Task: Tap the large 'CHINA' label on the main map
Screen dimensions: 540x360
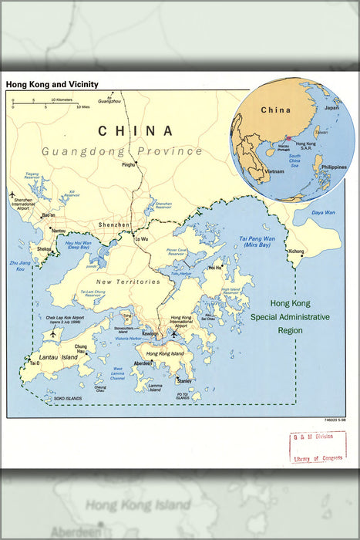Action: pyautogui.click(x=135, y=131)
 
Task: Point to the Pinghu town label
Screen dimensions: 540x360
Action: pyautogui.click(x=128, y=164)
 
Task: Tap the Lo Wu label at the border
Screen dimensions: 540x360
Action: pyautogui.click(x=141, y=240)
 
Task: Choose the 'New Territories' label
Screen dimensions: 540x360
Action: pyautogui.click(x=129, y=282)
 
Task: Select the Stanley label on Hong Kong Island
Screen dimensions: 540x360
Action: pyautogui.click(x=183, y=381)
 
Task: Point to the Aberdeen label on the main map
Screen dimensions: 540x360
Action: pyautogui.click(x=143, y=363)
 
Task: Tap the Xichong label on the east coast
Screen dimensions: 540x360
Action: pyautogui.click(x=296, y=251)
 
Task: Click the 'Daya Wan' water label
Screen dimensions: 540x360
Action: pyautogui.click(x=322, y=212)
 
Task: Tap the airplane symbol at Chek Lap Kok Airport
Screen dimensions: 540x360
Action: pyautogui.click(x=52, y=335)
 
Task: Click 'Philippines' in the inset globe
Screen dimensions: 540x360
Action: pyautogui.click(x=334, y=167)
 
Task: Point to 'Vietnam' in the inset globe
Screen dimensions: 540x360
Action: pyautogui.click(x=275, y=171)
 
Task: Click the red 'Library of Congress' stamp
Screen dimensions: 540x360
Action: pyautogui.click(x=318, y=447)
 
